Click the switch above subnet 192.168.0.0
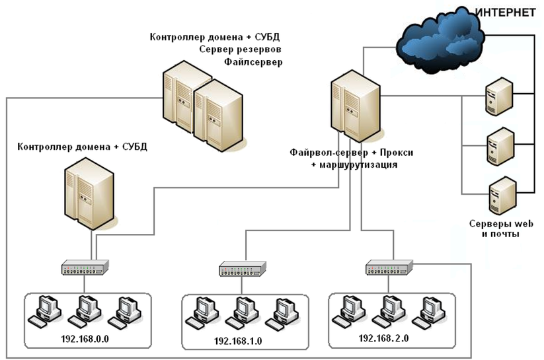pos(85,268)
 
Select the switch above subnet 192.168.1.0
pos(243,268)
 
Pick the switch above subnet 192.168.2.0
pos(389,267)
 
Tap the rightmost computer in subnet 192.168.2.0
pos(426,310)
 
